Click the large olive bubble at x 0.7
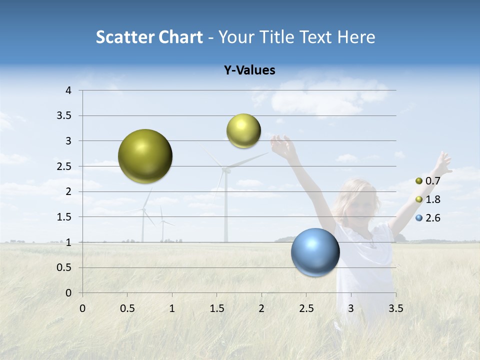tap(145, 156)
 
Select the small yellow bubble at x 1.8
tap(243, 131)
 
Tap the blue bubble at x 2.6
tap(315, 252)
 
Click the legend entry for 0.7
tap(428, 181)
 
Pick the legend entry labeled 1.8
tap(428, 199)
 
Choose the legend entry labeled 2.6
tap(428, 218)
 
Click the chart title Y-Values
tap(249, 70)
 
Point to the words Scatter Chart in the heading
tap(149, 37)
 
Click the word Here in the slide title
tap(356, 37)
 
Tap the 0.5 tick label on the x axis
tap(127, 308)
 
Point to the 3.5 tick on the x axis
tap(395, 308)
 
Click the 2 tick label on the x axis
tap(261, 308)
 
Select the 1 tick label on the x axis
tap(172, 308)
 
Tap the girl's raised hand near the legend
tap(443, 163)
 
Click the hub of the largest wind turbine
tap(226, 169)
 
